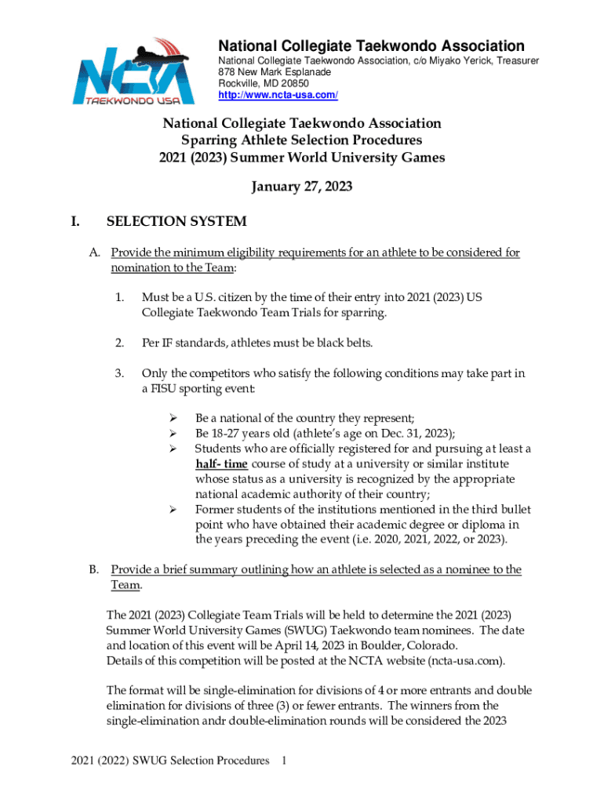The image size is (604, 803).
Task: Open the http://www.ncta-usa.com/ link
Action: [x=278, y=95]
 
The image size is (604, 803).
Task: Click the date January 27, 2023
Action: [x=301, y=187]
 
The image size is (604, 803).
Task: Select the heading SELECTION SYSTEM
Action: [x=176, y=222]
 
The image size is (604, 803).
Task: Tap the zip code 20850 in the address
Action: [x=292, y=83]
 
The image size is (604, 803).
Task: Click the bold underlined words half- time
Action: [x=222, y=463]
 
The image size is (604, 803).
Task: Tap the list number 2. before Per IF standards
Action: [x=119, y=343]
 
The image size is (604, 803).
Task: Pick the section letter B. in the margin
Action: [x=93, y=569]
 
